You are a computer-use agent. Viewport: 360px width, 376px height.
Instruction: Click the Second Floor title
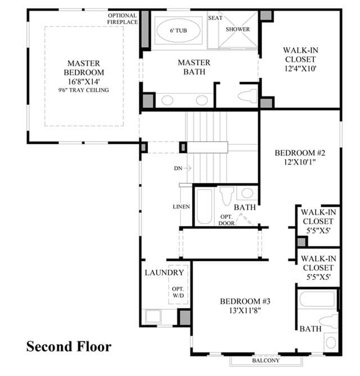[x=69, y=347]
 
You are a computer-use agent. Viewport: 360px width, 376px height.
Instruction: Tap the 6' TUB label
[x=178, y=30]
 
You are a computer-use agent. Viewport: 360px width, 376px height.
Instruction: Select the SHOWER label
[x=237, y=29]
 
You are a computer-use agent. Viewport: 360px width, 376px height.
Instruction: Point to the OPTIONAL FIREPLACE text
[x=123, y=19]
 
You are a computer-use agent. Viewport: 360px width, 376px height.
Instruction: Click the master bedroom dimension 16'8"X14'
[x=84, y=81]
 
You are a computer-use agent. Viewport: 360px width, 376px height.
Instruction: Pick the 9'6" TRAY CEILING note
[x=83, y=90]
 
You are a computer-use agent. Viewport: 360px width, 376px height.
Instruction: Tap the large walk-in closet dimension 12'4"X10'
[x=300, y=69]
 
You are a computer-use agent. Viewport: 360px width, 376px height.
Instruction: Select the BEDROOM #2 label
[x=300, y=153]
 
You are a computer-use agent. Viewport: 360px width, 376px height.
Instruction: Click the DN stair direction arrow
[x=187, y=169]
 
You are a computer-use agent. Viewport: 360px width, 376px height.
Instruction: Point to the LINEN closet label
[x=181, y=207]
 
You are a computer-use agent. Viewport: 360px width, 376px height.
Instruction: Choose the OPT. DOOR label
[x=227, y=220]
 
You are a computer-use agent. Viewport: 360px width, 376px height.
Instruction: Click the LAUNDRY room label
[x=164, y=273]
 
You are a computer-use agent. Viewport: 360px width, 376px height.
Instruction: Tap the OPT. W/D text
[x=178, y=292]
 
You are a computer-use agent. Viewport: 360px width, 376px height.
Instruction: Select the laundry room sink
[x=153, y=316]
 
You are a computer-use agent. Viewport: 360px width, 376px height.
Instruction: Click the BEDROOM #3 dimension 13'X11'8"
[x=245, y=311]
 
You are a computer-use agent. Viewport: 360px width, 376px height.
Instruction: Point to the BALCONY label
[x=265, y=360]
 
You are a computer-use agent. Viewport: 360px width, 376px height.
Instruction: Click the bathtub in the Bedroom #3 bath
[x=317, y=299]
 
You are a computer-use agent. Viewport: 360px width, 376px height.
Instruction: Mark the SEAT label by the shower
[x=215, y=18]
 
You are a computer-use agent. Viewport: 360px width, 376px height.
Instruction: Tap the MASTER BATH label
[x=194, y=67]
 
